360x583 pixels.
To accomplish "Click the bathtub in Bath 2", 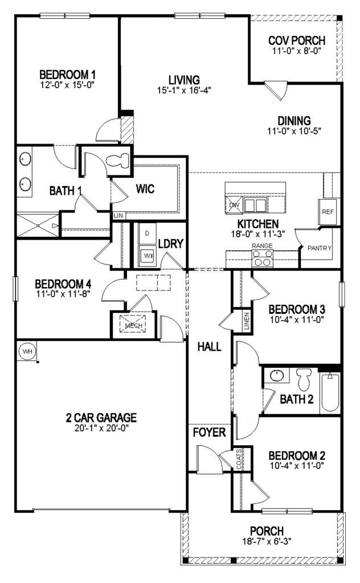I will [330, 392].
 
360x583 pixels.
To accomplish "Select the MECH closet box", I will [133, 325].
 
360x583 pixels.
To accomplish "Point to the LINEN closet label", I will [247, 322].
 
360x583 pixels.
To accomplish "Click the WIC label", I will [145, 188].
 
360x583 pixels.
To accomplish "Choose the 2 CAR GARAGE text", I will [101, 417].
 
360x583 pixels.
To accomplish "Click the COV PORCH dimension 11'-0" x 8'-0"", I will [297, 51].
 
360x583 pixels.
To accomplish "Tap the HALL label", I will [209, 346].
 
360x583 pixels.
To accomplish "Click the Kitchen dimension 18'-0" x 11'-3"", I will [258, 233].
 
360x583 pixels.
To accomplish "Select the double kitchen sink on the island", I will [255, 205].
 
